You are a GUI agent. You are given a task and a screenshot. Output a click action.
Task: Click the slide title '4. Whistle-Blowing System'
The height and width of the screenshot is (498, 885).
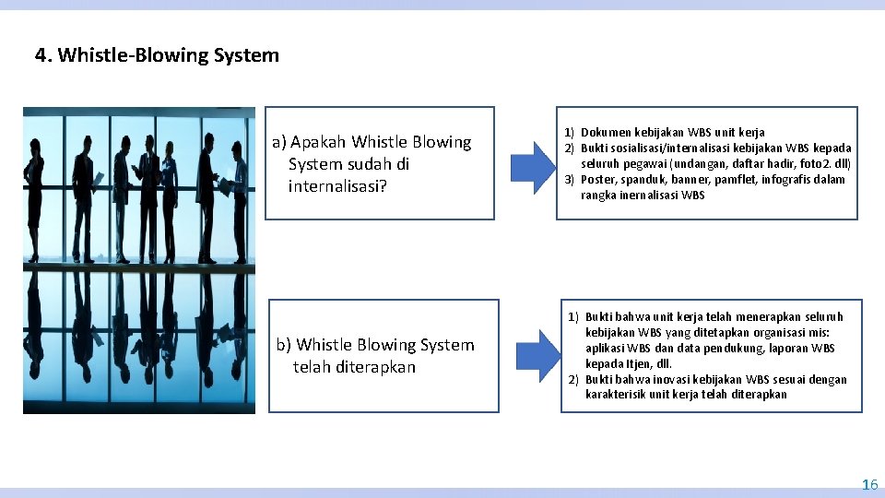pos(157,55)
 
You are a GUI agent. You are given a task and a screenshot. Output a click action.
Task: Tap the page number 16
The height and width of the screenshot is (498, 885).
pos(869,484)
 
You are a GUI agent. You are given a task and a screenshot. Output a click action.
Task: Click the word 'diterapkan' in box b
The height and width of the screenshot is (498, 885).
pos(377,367)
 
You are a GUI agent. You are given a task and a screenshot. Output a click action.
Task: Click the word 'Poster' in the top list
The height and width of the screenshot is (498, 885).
pos(597,180)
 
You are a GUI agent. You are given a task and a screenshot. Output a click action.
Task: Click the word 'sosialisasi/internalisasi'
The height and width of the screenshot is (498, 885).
pos(672,148)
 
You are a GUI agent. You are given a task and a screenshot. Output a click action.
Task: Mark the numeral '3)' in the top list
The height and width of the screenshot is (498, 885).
pos(570,180)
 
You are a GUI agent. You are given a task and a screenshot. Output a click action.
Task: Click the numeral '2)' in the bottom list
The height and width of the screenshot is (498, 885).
pos(572,380)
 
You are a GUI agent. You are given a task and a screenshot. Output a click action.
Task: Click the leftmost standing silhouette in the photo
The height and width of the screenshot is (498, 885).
pos(35,189)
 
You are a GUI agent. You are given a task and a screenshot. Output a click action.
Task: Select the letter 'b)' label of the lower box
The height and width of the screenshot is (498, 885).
pos(284,345)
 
